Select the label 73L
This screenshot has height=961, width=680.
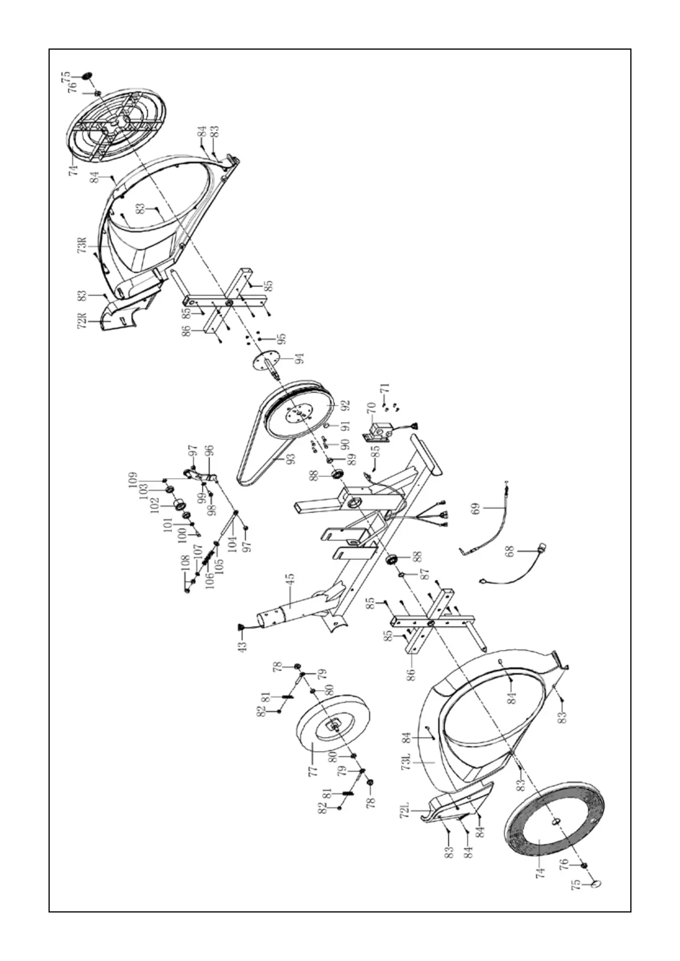[x=406, y=762]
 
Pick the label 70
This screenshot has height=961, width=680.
[x=371, y=408]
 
